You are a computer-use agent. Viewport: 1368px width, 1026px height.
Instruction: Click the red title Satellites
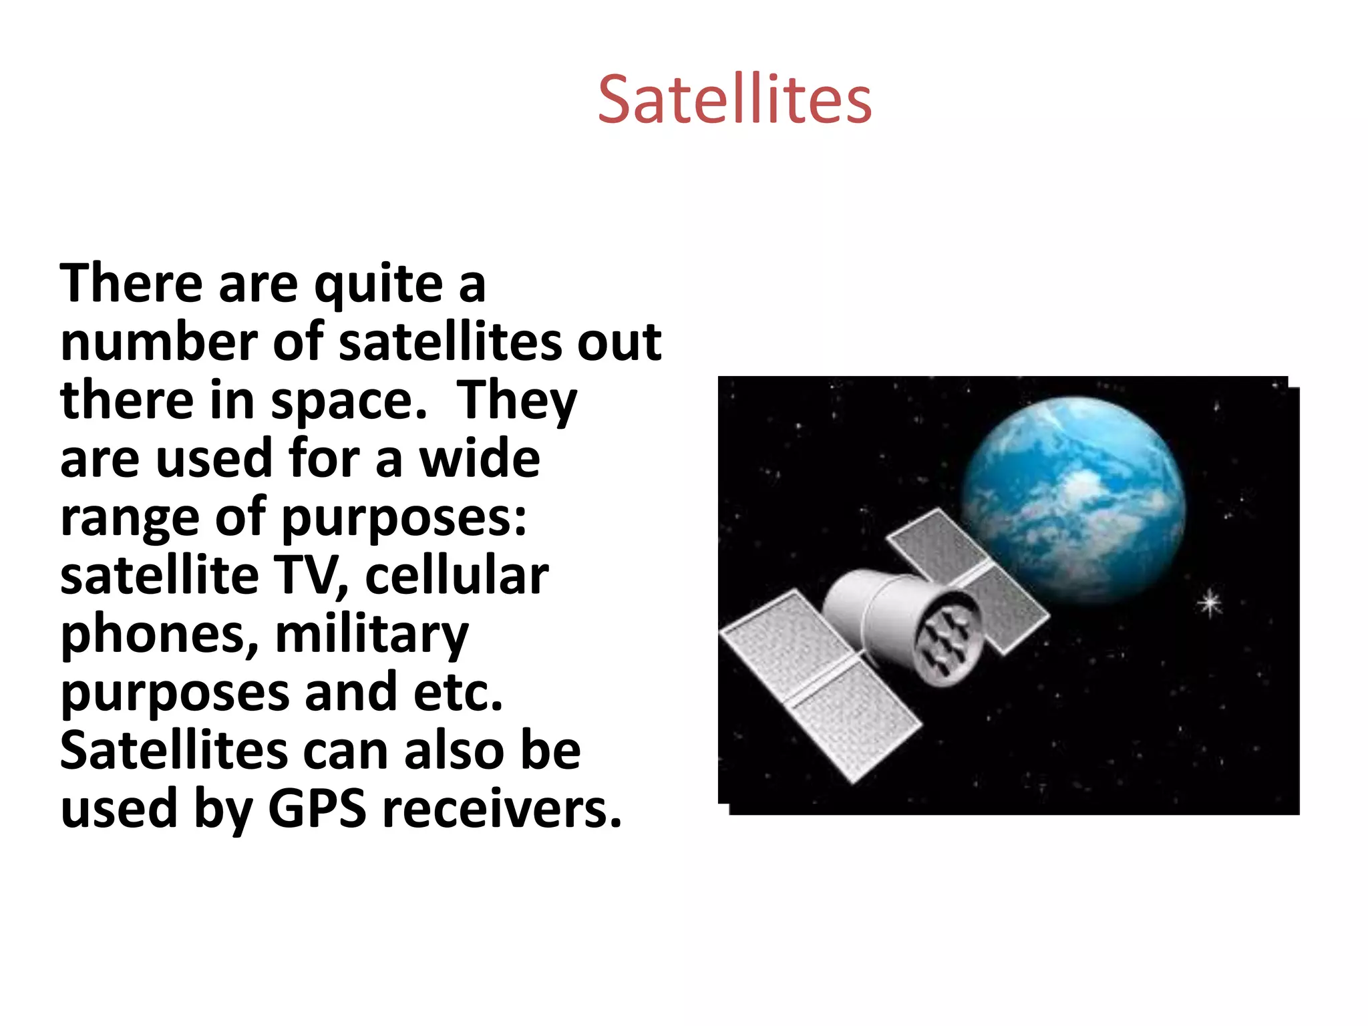734,100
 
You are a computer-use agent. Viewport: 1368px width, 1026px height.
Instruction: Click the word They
516,401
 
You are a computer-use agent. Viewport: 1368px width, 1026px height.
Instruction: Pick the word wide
479,459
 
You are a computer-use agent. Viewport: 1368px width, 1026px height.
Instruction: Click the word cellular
457,576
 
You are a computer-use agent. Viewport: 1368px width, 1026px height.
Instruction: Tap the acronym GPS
317,809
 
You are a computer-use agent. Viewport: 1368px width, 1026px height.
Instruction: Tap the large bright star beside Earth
1210,604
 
